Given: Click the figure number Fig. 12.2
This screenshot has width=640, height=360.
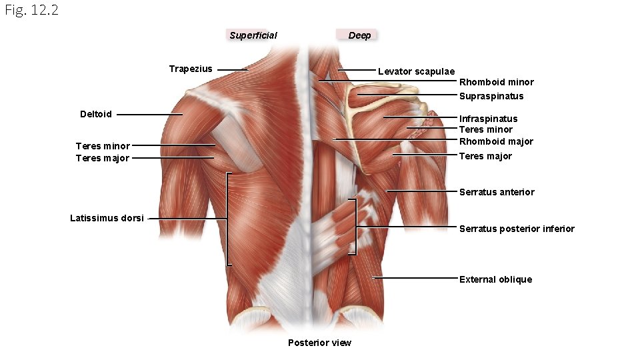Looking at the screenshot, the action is pos(31,10).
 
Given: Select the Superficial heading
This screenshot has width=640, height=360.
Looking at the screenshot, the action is pos(253,35).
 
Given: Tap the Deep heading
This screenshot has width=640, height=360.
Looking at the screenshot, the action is pos(359,35).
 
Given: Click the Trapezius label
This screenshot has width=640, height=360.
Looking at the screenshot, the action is pos(191,69).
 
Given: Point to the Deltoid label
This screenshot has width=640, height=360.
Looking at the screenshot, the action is pos(96,114).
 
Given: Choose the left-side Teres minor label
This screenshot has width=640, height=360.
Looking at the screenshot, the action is pos(103,146).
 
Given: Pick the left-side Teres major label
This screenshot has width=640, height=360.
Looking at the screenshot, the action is pos(103,158).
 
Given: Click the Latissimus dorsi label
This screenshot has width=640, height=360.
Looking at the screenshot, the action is pos(107,218).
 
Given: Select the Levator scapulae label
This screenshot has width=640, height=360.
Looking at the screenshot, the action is pos(416,71).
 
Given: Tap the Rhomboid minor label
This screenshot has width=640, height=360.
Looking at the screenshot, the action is pos(496,82).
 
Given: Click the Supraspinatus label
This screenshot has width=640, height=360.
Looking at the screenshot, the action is pos(491,96).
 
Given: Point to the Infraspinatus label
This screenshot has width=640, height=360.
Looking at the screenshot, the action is pos(488,119).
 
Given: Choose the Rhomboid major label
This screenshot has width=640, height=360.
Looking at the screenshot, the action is pos(496,141).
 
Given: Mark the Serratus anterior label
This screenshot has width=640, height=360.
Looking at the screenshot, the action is pos(497,192).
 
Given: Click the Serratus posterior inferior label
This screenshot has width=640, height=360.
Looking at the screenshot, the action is pos(517,229).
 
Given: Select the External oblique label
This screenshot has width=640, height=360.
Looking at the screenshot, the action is pos(495,279).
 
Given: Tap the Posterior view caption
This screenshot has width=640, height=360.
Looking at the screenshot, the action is pos(319,343).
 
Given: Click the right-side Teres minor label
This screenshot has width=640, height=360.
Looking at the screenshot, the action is pos(485,129).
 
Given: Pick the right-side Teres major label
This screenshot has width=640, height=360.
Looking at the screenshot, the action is pos(485,156).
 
